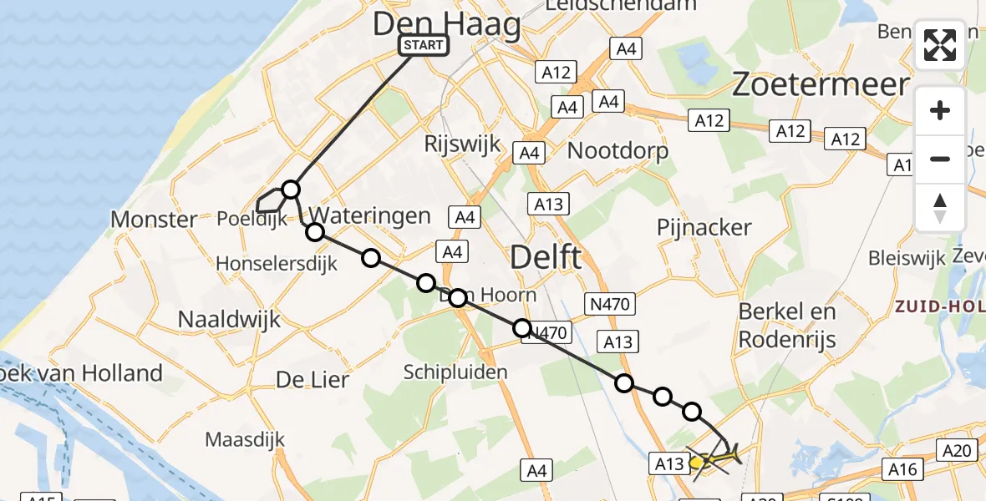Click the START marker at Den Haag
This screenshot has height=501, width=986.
click(x=424, y=45)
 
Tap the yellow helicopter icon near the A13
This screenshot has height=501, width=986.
click(x=717, y=458)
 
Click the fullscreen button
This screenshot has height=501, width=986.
click(x=940, y=45)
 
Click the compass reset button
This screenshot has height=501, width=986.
click(x=940, y=208)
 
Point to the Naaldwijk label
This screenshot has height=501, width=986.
click(x=229, y=319)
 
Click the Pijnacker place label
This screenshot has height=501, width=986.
click(x=704, y=227)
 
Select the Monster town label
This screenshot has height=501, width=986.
click(x=154, y=220)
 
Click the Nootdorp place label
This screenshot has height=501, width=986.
click(x=618, y=151)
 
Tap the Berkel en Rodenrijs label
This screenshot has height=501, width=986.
click(x=787, y=326)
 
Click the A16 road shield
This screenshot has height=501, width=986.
click(x=902, y=469)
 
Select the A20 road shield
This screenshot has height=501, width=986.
click(x=956, y=451)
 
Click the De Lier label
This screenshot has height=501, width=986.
click(x=313, y=380)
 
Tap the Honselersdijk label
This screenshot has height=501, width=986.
click(x=277, y=263)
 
